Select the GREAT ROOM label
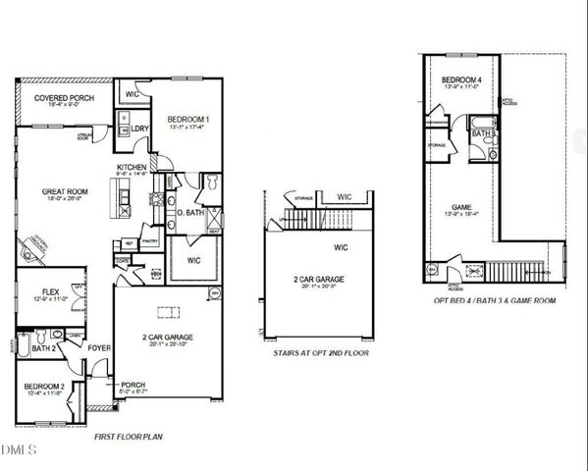coord(67,191)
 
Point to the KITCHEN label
coord(133,168)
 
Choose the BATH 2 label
coord(42,347)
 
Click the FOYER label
coord(99,346)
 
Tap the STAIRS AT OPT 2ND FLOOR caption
coord(321,351)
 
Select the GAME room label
coord(461,207)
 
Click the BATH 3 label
coord(482,133)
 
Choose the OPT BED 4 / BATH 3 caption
coord(498,301)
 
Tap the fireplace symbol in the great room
coord(36,245)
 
